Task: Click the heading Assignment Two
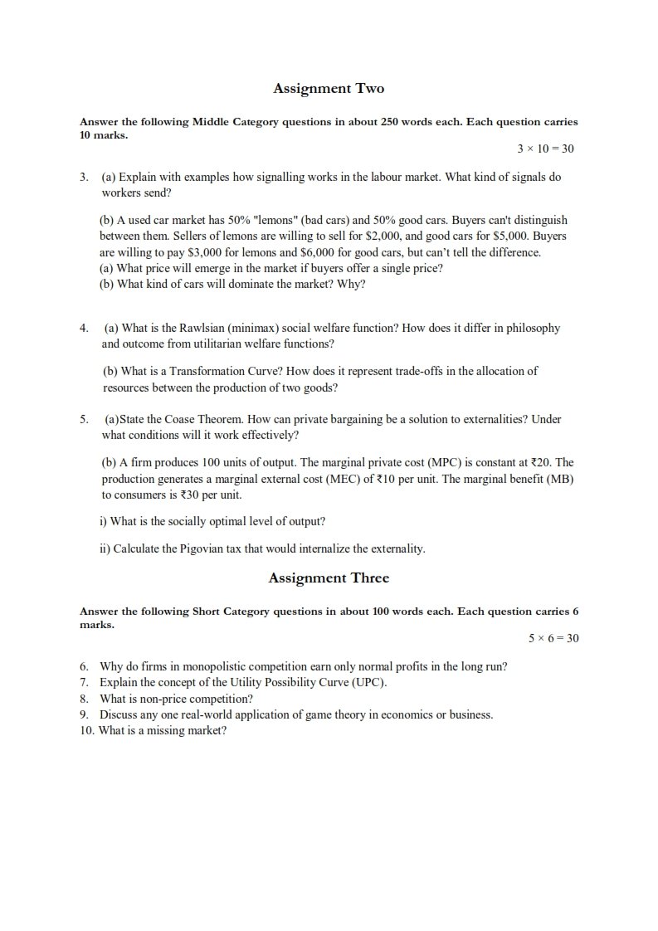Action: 329,88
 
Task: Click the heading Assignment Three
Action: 329,578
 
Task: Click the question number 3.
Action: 84,178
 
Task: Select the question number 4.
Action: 84,328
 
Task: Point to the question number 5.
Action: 84,419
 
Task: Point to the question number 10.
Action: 87,730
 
